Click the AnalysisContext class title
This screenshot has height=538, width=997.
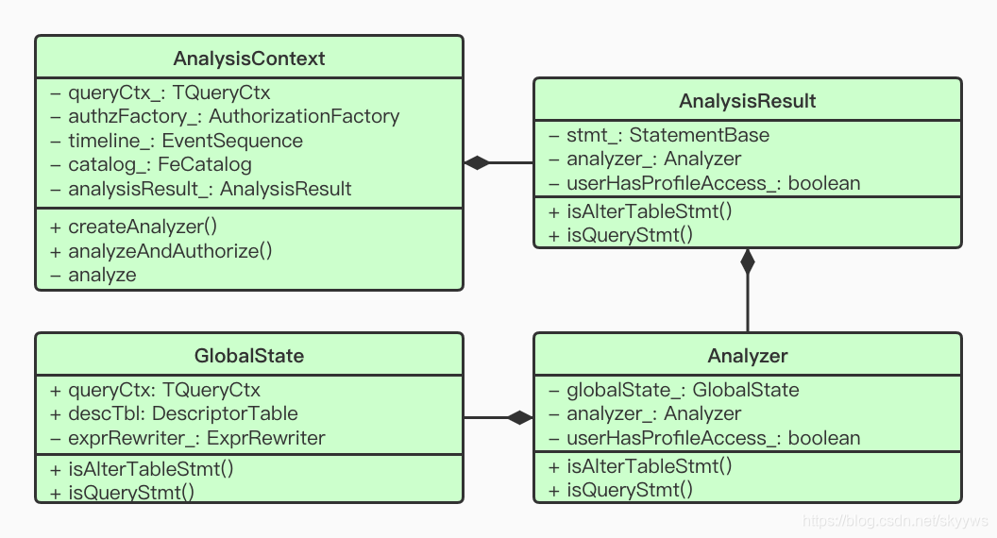pos(249,59)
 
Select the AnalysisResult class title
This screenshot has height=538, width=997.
pos(747,101)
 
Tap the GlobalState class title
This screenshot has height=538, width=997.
pos(249,356)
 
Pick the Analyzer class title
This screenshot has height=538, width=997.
pos(747,356)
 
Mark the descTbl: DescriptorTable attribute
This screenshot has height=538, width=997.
pos(174,413)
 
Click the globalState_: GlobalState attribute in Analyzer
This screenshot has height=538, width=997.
pos(674,390)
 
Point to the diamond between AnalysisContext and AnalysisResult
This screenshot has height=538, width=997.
pos(478,163)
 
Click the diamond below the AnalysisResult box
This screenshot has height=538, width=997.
pos(748,261)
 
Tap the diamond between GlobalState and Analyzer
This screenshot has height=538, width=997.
pos(519,417)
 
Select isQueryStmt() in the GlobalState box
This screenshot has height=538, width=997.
pos(122,491)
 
